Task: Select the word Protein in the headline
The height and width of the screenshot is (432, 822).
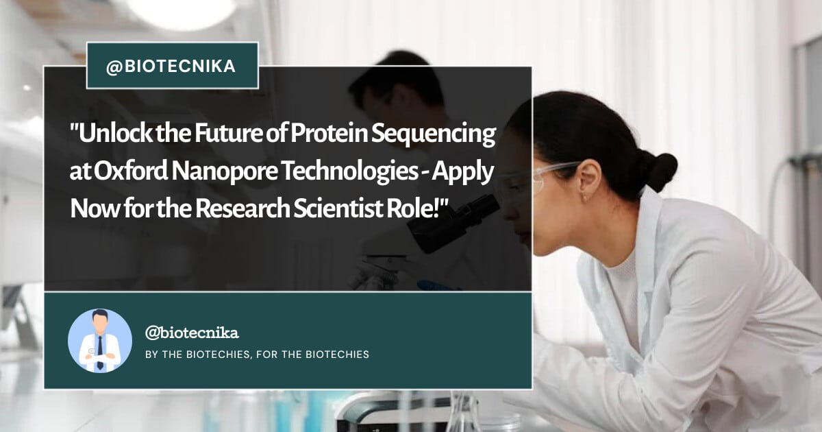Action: click(x=329, y=134)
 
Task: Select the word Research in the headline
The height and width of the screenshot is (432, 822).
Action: click(x=242, y=208)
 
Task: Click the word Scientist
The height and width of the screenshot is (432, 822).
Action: click(x=338, y=208)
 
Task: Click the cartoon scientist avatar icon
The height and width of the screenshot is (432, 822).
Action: click(x=100, y=341)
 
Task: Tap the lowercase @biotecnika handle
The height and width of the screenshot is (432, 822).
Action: click(x=192, y=333)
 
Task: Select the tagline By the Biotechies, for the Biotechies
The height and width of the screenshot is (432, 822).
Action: click(x=258, y=355)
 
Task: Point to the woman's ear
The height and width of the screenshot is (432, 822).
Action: click(x=588, y=181)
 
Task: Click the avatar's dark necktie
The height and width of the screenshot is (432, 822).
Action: click(x=100, y=352)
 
